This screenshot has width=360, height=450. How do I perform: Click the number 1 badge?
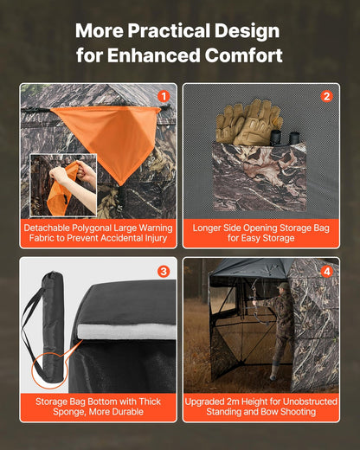click(x=163, y=96)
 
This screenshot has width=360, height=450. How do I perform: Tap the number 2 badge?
click(x=326, y=96)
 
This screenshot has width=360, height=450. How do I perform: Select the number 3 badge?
click(x=163, y=271)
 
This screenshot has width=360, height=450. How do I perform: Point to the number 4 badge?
click(x=326, y=271)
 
